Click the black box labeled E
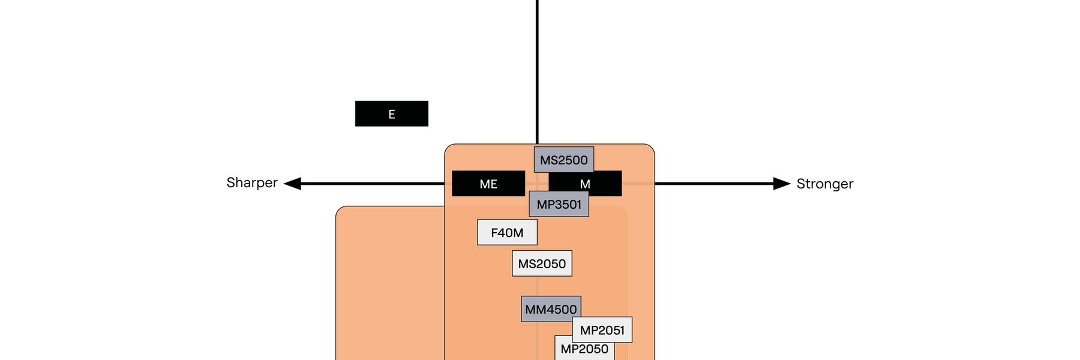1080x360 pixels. pyautogui.click(x=391, y=113)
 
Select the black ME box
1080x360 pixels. pyautogui.click(x=488, y=184)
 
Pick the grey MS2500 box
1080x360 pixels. pyautogui.click(x=564, y=160)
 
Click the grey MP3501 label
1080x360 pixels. pyautogui.click(x=559, y=205)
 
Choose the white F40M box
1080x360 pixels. pyautogui.click(x=507, y=232)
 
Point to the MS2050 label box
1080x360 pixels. pyautogui.click(x=542, y=263)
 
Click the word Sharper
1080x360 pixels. pyautogui.click(x=252, y=182)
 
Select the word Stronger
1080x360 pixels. pyautogui.click(x=824, y=184)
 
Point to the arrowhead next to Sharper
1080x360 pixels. pyautogui.click(x=292, y=184)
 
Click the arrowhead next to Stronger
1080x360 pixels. pyautogui.click(x=782, y=184)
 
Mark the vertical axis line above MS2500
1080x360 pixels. pyautogui.click(x=537, y=72)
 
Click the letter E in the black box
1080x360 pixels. pyautogui.click(x=392, y=114)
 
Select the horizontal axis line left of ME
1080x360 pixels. pyautogui.click(x=372, y=184)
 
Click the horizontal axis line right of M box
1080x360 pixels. pyautogui.click(x=714, y=184)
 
